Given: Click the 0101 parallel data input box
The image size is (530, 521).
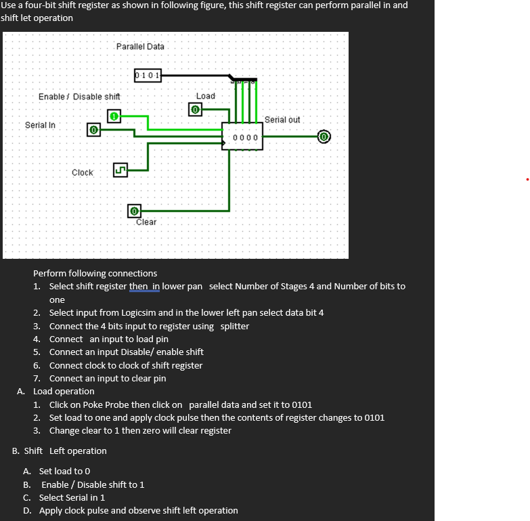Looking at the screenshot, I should (148, 75).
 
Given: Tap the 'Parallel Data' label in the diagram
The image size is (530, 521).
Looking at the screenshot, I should (140, 47).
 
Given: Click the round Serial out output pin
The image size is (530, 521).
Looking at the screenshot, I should (324, 137).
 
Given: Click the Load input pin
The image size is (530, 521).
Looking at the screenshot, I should (195, 109).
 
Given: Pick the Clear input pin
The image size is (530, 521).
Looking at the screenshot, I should (135, 211).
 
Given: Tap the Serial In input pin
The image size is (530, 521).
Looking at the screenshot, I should (94, 129).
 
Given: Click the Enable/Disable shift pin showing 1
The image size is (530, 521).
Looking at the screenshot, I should (114, 117).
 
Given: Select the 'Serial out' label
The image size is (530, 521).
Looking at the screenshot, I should (282, 120).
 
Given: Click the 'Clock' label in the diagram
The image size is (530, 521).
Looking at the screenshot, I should (83, 173).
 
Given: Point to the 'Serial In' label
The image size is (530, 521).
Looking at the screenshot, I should (40, 125).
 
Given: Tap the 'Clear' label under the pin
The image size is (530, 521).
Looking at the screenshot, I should (146, 222).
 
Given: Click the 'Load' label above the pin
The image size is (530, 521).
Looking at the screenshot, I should (206, 96).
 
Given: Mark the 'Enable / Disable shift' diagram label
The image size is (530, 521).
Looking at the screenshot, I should (79, 97).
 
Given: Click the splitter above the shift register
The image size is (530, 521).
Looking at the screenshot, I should (244, 80).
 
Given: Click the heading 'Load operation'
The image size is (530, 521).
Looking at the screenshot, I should (64, 392).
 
